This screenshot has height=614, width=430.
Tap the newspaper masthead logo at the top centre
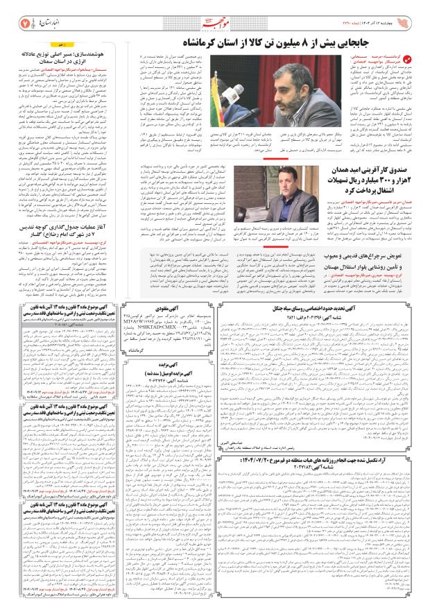click(x=215, y=23)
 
